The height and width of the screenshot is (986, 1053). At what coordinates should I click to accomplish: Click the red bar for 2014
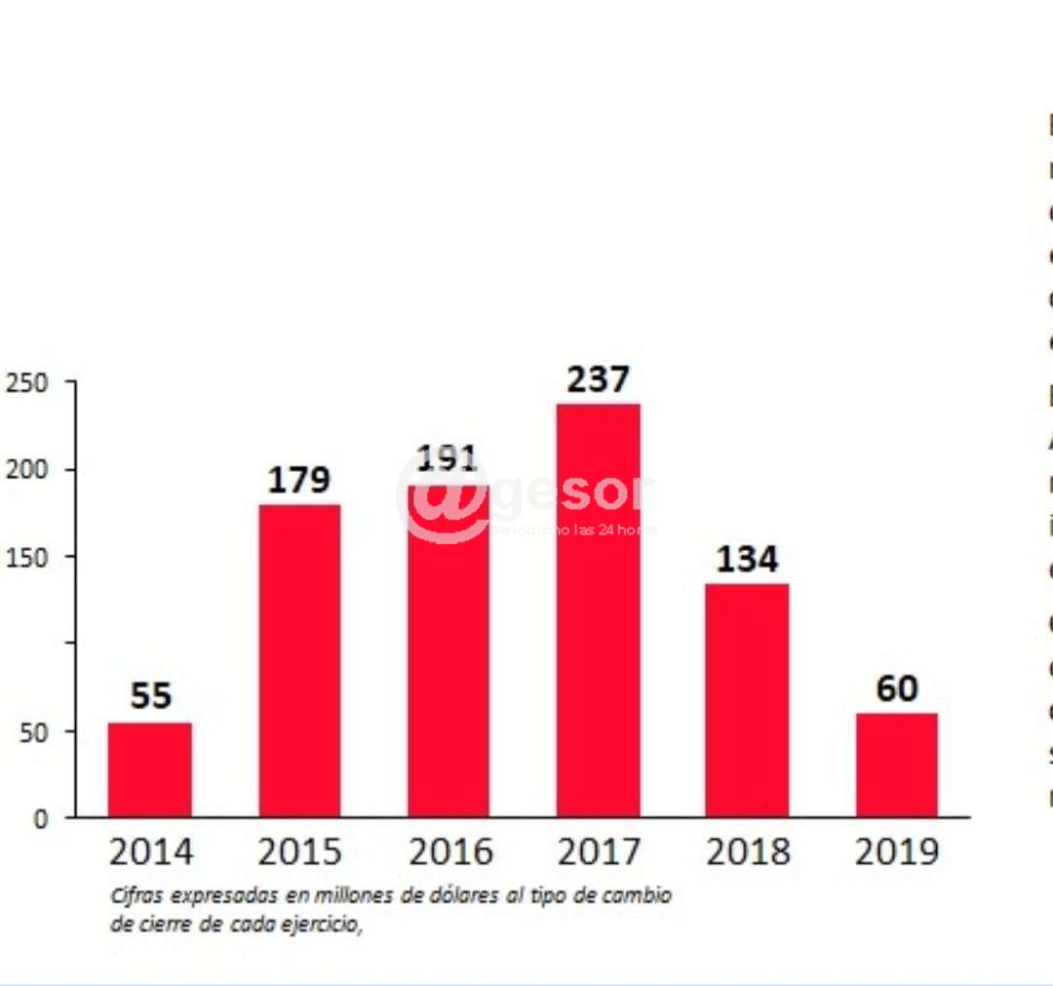click(149, 769)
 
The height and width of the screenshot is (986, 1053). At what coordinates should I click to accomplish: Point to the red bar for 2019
click(896, 765)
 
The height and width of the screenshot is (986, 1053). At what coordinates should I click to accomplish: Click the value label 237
click(599, 379)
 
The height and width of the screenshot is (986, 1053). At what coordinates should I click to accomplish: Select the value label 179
click(299, 480)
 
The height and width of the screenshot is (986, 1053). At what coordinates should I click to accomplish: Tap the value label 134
click(747, 559)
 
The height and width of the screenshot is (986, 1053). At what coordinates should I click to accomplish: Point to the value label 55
click(150, 696)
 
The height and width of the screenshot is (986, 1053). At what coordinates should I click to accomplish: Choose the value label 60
click(896, 689)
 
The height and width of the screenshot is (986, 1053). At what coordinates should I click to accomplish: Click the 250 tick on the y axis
click(26, 382)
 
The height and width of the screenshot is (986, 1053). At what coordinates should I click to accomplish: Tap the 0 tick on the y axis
click(39, 818)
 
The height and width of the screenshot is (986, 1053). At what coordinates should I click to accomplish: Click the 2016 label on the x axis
click(449, 851)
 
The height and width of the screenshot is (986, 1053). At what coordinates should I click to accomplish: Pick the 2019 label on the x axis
click(896, 851)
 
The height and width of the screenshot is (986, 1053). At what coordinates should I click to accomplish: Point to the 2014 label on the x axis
click(150, 851)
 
